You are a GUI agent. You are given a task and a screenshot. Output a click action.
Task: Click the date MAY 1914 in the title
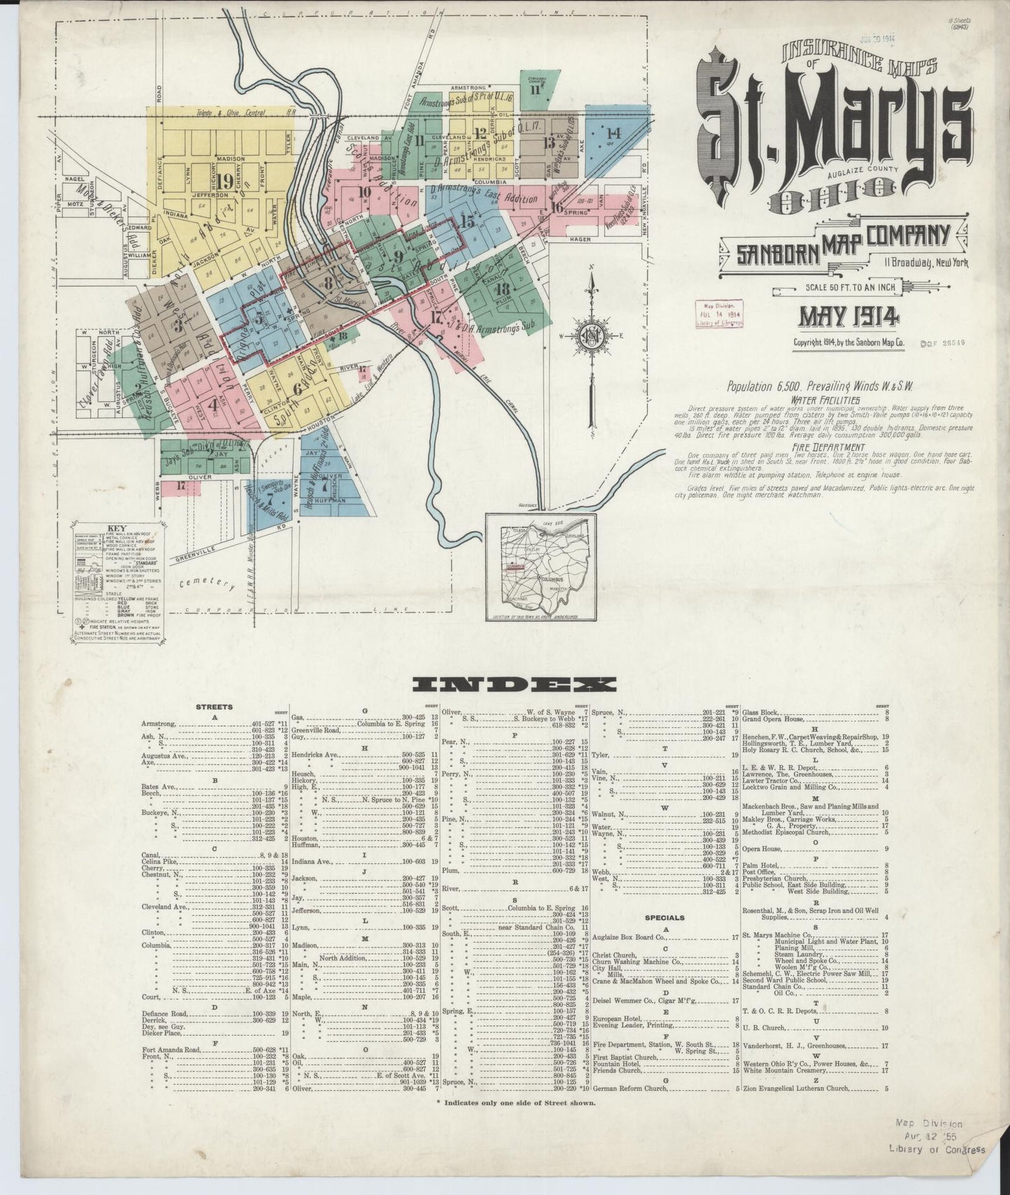(849, 317)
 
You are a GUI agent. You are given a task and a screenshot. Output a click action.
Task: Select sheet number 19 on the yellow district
(224, 182)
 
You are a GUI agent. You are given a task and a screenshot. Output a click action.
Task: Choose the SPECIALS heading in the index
(665, 918)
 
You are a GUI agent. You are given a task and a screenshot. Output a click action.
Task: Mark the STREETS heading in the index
(215, 707)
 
